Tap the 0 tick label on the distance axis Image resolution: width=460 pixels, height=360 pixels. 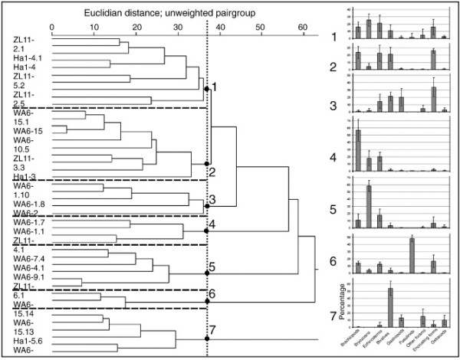click(51, 25)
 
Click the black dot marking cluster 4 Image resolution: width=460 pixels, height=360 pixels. click(207, 231)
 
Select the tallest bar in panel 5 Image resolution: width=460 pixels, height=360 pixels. click(369, 207)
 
